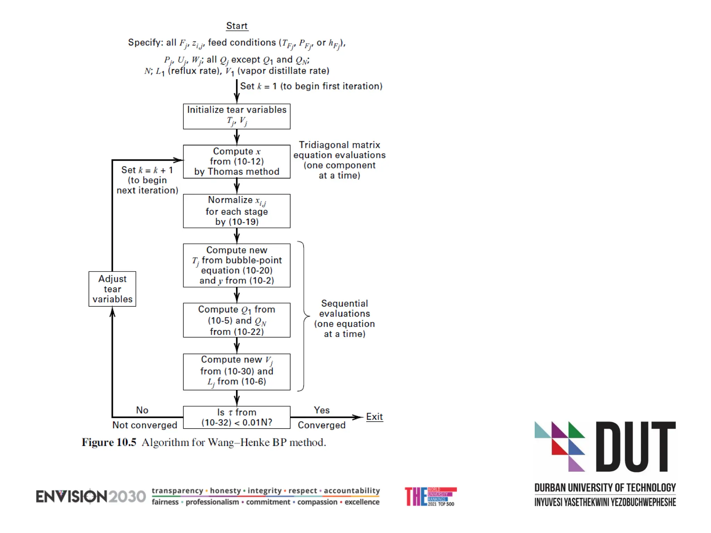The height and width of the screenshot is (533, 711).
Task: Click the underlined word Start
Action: point(237,26)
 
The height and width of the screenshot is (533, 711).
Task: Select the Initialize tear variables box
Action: point(237,116)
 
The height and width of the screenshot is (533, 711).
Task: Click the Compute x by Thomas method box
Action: point(237,161)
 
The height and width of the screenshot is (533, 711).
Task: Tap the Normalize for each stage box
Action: point(237,211)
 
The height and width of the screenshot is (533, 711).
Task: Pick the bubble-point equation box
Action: point(237,265)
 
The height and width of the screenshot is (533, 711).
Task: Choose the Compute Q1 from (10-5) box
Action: point(237,320)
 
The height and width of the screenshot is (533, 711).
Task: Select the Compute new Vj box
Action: point(237,372)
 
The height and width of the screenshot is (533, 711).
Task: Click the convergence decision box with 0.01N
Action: point(237,417)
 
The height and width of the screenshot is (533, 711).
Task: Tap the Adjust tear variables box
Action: point(112,289)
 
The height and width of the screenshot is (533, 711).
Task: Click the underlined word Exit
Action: point(374,417)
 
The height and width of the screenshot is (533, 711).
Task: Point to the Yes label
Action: point(322,410)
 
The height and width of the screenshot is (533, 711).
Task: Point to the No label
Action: point(142,410)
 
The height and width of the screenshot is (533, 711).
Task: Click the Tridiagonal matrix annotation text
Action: point(340,160)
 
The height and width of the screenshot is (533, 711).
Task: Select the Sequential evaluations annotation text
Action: point(344,319)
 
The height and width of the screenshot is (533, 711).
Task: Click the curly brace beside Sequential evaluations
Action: point(304,316)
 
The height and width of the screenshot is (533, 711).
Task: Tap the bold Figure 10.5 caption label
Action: point(109,442)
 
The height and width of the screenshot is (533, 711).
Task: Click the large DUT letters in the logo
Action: point(635,447)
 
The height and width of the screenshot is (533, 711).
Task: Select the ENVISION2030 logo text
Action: point(91,497)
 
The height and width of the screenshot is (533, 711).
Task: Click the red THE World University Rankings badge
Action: point(430,497)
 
